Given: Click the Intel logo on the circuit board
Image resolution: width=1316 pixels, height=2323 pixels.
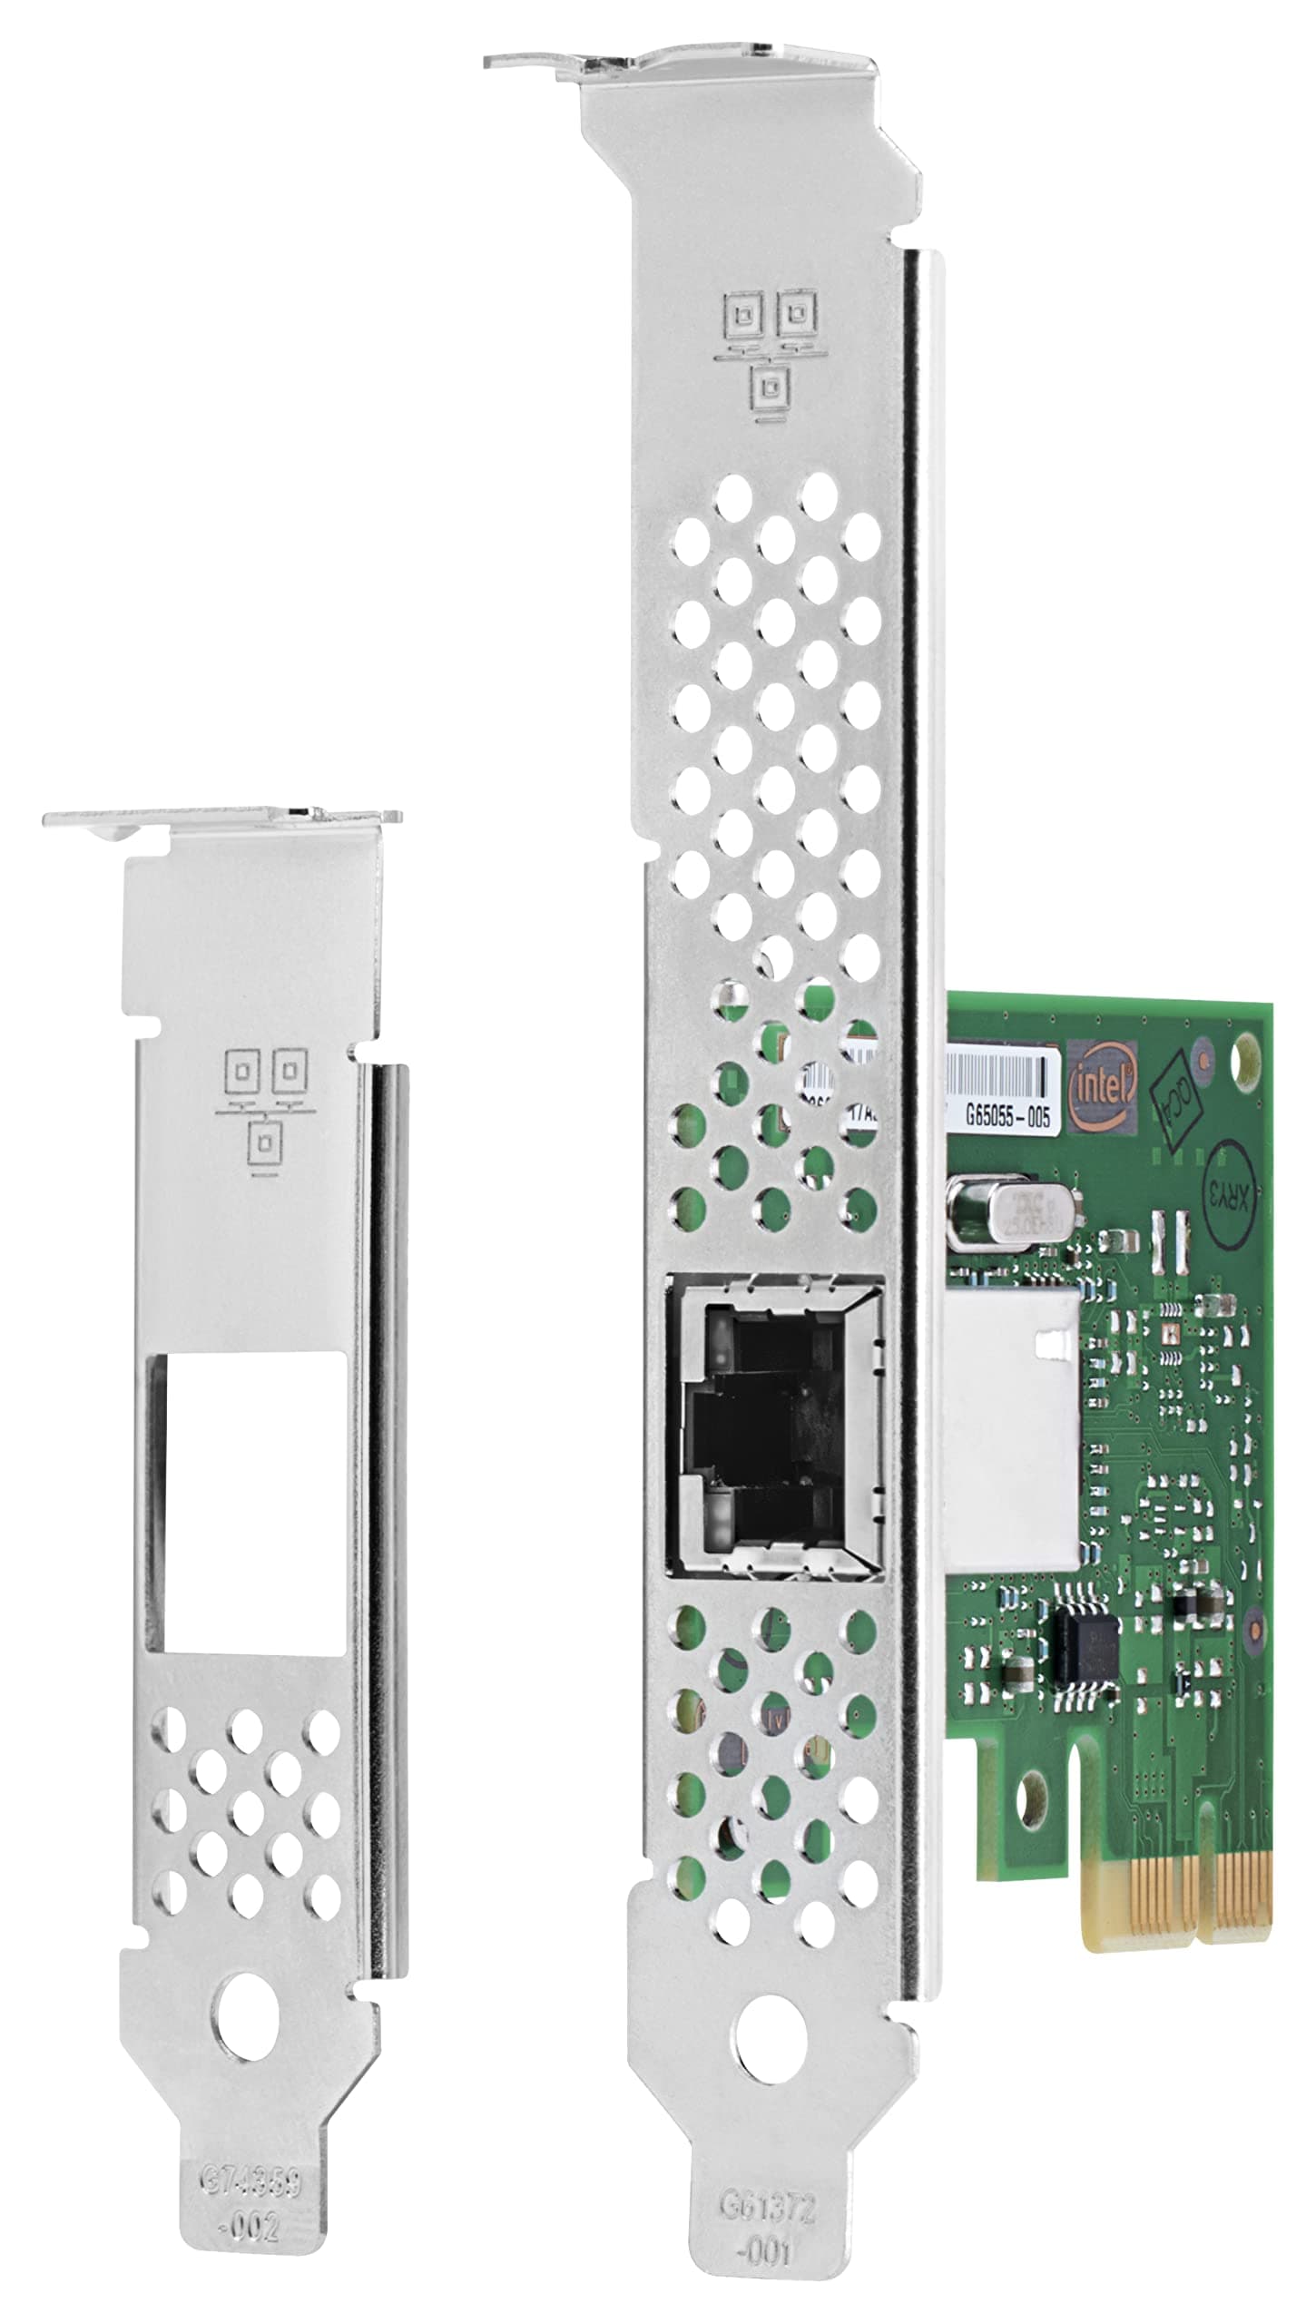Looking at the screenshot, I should click(1102, 1087).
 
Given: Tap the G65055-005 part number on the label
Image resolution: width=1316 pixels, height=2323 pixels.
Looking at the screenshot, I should click(1007, 1115).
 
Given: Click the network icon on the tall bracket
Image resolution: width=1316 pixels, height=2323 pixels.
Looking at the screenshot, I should click(764, 354).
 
